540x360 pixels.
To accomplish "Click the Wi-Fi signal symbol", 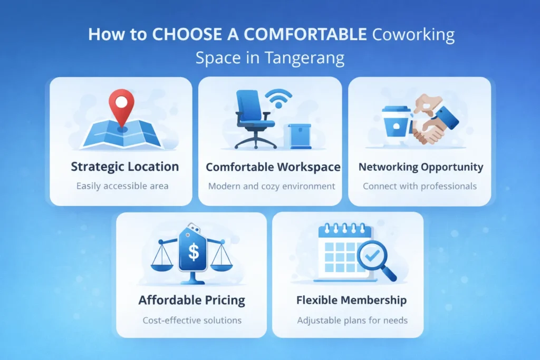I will (x=278, y=99).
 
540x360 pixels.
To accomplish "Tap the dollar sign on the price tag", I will (x=194, y=252).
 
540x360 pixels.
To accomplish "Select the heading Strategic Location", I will (x=124, y=167).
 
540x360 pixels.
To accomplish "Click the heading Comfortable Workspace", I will (x=273, y=168).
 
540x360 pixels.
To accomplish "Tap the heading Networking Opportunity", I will (x=420, y=167).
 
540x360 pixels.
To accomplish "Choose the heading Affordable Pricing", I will (x=191, y=300).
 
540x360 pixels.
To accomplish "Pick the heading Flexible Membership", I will (x=351, y=300).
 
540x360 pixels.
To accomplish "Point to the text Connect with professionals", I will (x=420, y=186).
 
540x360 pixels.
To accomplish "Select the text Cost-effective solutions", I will (x=192, y=320).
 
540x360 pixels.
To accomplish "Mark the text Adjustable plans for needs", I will (x=352, y=320).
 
